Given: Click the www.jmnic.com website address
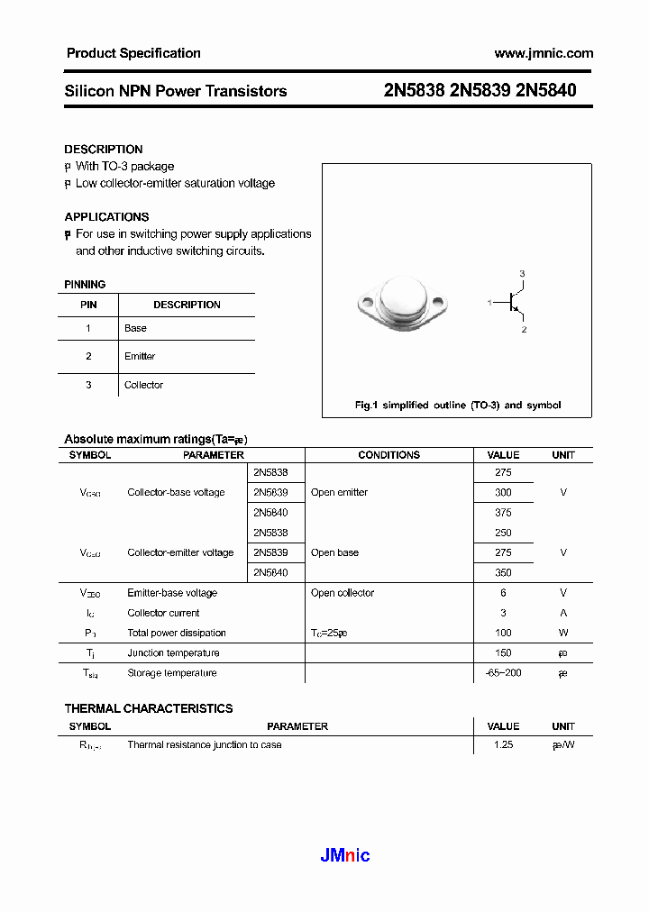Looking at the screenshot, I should click(544, 53).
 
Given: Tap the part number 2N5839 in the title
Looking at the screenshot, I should click(481, 90).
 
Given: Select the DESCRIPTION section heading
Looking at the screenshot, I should click(104, 149).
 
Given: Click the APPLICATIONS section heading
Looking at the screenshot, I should click(106, 216).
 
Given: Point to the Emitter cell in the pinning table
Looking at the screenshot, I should click(140, 356).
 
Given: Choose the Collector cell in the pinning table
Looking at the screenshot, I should click(143, 385).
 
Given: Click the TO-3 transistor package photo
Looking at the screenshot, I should click(403, 302).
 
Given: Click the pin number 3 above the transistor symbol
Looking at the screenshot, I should click(522, 273).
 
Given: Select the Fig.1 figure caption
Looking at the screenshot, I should click(457, 406).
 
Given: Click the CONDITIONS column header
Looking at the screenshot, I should click(388, 455).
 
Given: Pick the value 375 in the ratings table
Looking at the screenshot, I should click(503, 512).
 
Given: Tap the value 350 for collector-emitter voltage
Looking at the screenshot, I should click(503, 572).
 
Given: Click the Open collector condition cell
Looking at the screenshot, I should click(343, 593).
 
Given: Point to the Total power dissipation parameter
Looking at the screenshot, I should click(177, 633).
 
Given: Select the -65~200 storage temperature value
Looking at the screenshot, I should click(503, 672).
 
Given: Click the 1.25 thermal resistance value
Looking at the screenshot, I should click(503, 745).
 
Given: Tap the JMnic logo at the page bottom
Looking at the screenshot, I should click(345, 855).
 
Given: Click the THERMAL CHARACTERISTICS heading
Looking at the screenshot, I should click(149, 708).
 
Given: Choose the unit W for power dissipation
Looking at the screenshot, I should click(563, 633).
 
